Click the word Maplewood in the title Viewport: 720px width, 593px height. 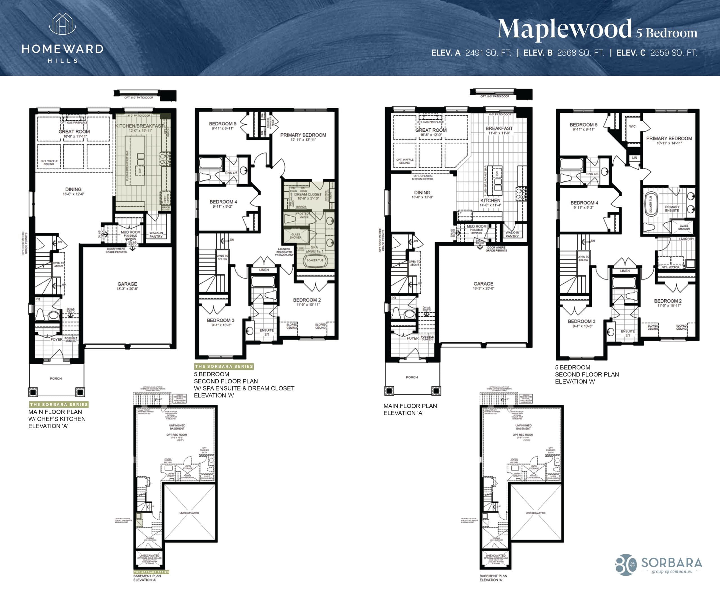(x=564, y=29)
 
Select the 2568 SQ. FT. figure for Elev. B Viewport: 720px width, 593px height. (x=581, y=53)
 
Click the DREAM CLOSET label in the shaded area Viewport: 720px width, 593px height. (x=308, y=194)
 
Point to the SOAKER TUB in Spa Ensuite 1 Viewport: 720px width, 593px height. (x=314, y=260)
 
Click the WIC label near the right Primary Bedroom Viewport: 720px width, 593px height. (x=632, y=126)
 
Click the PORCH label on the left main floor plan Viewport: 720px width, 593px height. (x=56, y=378)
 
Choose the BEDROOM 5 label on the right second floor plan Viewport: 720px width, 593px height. (x=583, y=125)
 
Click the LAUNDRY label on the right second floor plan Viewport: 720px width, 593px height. (x=686, y=239)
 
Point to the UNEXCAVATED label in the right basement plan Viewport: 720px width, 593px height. (x=535, y=513)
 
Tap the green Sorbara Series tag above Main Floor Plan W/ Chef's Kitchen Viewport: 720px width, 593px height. (x=59, y=405)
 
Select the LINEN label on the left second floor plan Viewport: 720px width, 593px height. (x=264, y=270)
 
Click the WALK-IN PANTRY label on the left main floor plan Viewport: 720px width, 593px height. (x=156, y=235)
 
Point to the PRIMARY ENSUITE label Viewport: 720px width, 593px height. (x=672, y=209)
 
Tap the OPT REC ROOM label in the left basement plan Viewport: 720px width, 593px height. (x=177, y=435)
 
